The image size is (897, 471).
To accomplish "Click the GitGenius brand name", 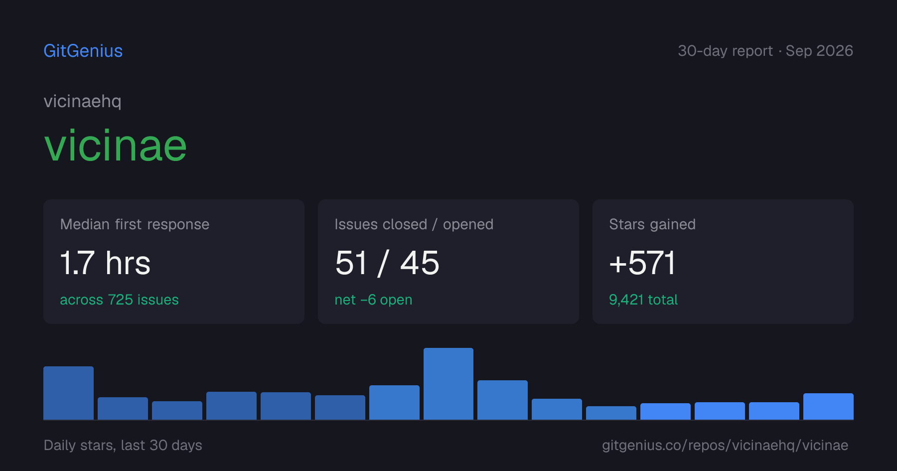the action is pyautogui.click(x=83, y=51).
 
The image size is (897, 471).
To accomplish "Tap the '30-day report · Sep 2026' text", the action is pyautogui.click(x=765, y=51).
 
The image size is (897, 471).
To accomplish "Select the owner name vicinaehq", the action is pyautogui.click(x=83, y=102).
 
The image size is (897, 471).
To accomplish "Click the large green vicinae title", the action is pyautogui.click(x=116, y=146).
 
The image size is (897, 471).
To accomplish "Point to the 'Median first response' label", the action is pyautogui.click(x=135, y=224).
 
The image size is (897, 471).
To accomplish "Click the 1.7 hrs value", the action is pyautogui.click(x=105, y=263).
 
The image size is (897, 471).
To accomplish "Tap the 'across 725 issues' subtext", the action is pyautogui.click(x=119, y=300).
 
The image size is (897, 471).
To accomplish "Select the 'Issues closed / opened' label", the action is pyautogui.click(x=414, y=224).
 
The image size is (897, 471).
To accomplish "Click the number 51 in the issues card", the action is pyautogui.click(x=351, y=263).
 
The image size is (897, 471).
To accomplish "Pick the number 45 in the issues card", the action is pyautogui.click(x=420, y=263).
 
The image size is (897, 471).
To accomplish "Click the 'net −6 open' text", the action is pyautogui.click(x=373, y=300).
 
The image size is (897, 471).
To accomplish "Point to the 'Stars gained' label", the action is pyautogui.click(x=652, y=224).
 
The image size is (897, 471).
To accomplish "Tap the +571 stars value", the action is pyautogui.click(x=642, y=263).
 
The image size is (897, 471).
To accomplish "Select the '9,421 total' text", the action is pyautogui.click(x=643, y=300).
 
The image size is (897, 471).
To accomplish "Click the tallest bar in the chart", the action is pyautogui.click(x=448, y=384).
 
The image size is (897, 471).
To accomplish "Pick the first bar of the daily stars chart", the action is pyautogui.click(x=68, y=393).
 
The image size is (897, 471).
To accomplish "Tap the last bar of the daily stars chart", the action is pyautogui.click(x=828, y=406).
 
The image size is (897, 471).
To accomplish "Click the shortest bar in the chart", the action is pyautogui.click(x=611, y=413).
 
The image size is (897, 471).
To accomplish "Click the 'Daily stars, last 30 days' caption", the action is pyautogui.click(x=123, y=445).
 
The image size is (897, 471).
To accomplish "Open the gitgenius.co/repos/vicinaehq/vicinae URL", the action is pyautogui.click(x=725, y=445).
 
